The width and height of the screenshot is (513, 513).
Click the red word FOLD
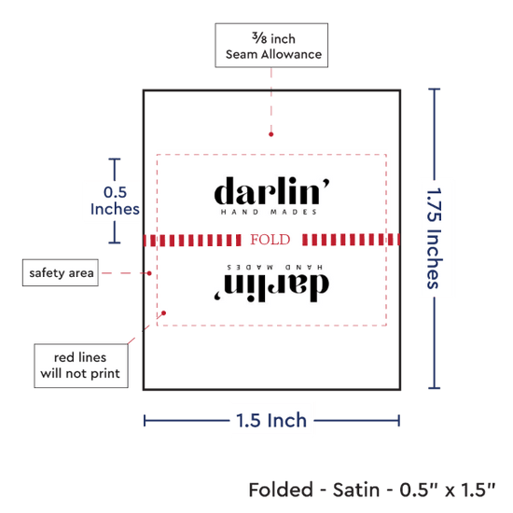(x=270, y=240)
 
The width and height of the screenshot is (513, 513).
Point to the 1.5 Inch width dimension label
(x=271, y=421)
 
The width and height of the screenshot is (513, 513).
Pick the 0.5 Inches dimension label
(x=115, y=201)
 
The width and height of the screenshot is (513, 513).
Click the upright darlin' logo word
(x=271, y=190)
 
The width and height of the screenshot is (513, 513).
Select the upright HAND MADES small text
(x=269, y=213)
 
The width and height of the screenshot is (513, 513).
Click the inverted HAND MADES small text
(x=275, y=268)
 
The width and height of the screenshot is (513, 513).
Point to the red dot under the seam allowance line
(x=270, y=134)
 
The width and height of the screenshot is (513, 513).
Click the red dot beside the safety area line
(x=149, y=273)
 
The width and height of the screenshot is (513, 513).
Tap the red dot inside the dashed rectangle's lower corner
(x=164, y=313)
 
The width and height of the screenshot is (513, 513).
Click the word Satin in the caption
(x=356, y=490)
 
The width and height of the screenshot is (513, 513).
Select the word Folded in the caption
(x=281, y=490)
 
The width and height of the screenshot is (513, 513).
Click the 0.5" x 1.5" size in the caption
(x=448, y=490)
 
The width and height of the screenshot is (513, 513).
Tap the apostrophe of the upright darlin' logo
(x=326, y=183)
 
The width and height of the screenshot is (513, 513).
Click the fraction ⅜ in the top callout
(x=259, y=38)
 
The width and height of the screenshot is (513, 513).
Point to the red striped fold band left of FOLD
(x=193, y=240)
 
